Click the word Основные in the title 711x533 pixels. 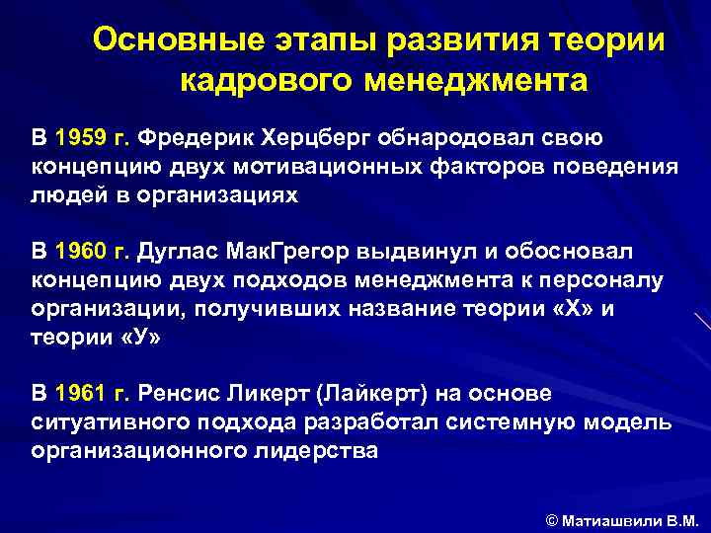click(x=163, y=40)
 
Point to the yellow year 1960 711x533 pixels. click(x=80, y=251)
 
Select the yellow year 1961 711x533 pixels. click(x=80, y=394)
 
